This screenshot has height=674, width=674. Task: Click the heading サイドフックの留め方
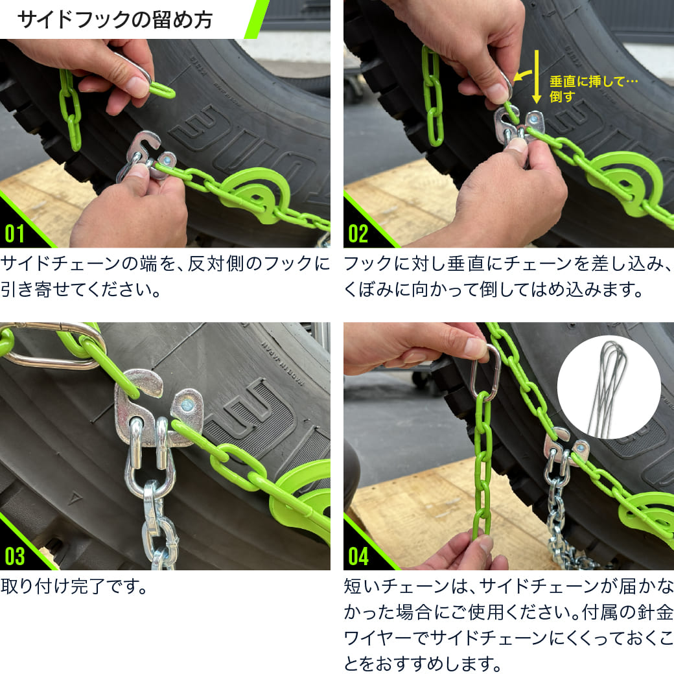(115, 19)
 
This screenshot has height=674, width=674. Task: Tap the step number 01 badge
(16, 233)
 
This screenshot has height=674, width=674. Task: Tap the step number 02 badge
(358, 233)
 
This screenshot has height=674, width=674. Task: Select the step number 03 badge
(16, 556)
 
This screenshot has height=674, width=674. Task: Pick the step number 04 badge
(358, 556)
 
